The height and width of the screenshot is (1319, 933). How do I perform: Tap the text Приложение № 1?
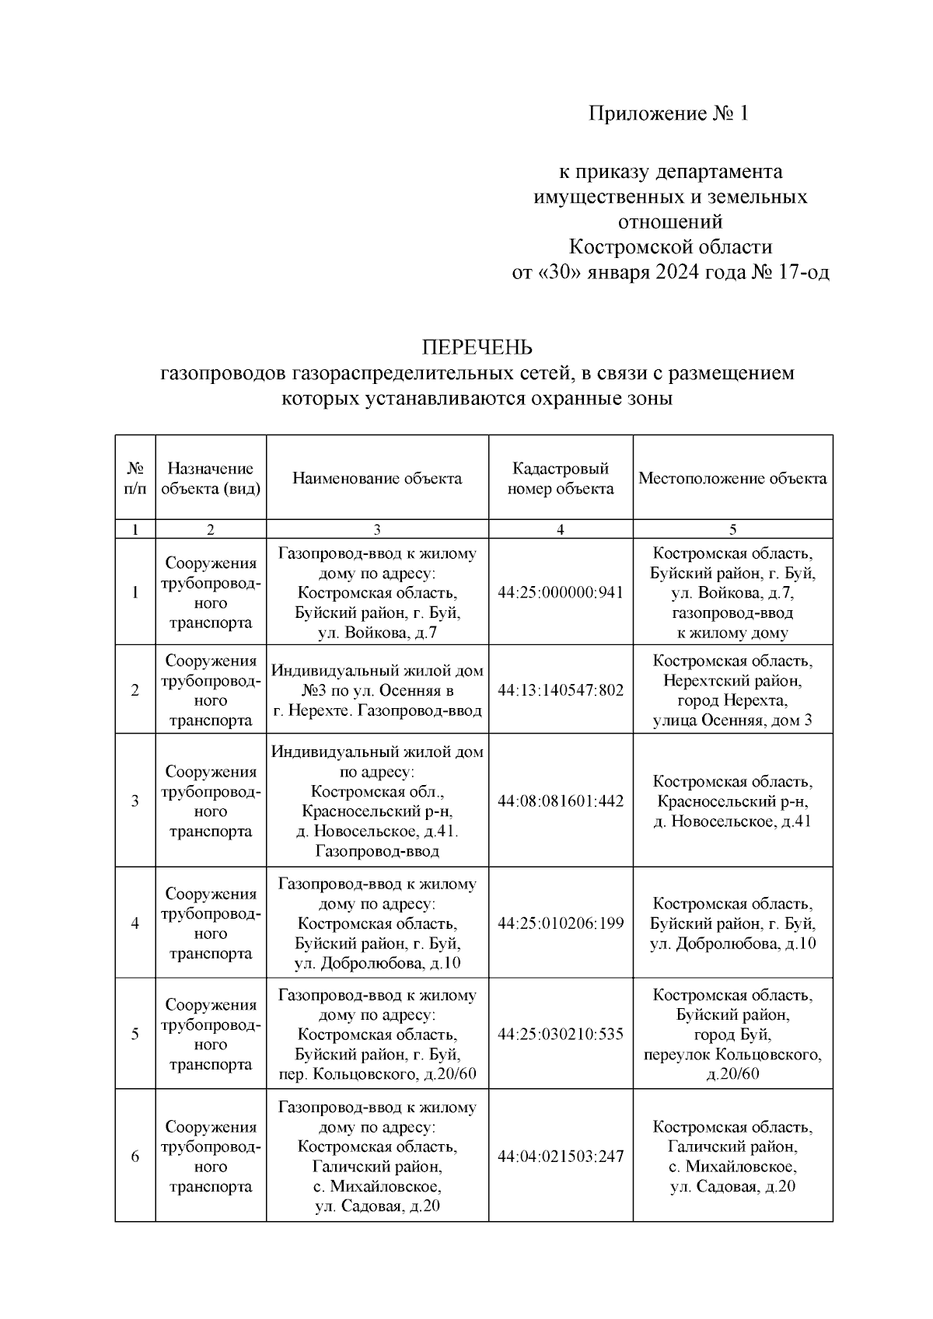[669, 114]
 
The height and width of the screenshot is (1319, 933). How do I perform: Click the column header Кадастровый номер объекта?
[560, 478]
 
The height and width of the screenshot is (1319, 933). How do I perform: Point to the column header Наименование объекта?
[377, 478]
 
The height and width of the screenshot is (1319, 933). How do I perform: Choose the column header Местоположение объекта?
[732, 478]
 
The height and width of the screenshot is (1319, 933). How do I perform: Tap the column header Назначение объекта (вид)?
[211, 478]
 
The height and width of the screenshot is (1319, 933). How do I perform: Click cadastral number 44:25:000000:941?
[560, 592]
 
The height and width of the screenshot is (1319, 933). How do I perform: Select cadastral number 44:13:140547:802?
[560, 690]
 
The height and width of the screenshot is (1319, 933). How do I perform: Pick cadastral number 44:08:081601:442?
[560, 801]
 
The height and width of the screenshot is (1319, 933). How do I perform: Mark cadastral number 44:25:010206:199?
[560, 923]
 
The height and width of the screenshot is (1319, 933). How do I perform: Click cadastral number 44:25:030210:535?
[560, 1034]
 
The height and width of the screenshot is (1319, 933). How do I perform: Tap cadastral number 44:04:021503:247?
[560, 1157]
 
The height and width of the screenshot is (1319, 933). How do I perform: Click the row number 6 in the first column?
[135, 1157]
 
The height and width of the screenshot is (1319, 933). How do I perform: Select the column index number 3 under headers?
[377, 529]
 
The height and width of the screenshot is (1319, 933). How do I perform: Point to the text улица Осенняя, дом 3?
[732, 720]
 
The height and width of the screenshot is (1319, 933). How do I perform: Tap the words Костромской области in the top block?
[670, 247]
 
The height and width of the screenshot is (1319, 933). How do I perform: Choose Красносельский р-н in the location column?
[732, 801]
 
